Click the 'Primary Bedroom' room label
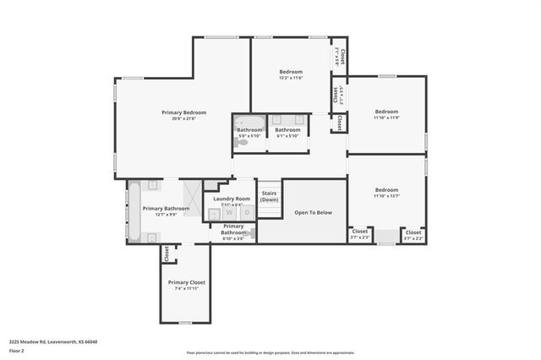[x=184, y=112]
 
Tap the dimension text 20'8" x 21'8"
[x=184, y=118]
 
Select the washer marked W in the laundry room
[x=228, y=213]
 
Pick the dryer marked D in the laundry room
[x=246, y=213]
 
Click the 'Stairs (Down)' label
[x=270, y=196]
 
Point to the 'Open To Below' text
[x=313, y=213]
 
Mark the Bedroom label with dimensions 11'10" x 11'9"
[x=386, y=112]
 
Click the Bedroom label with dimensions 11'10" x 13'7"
[x=386, y=190]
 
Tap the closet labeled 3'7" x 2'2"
[x=413, y=234]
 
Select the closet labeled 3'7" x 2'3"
[x=360, y=234]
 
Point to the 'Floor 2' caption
[x=17, y=350]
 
